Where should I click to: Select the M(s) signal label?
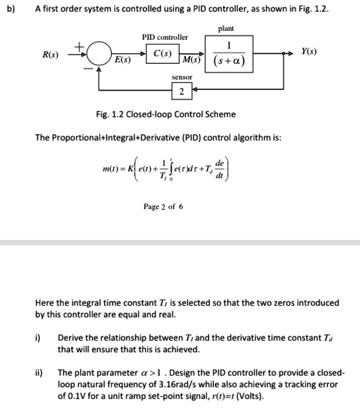[x=191, y=61]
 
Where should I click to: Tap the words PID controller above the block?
[x=165, y=37]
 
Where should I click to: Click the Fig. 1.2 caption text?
[x=165, y=114]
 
